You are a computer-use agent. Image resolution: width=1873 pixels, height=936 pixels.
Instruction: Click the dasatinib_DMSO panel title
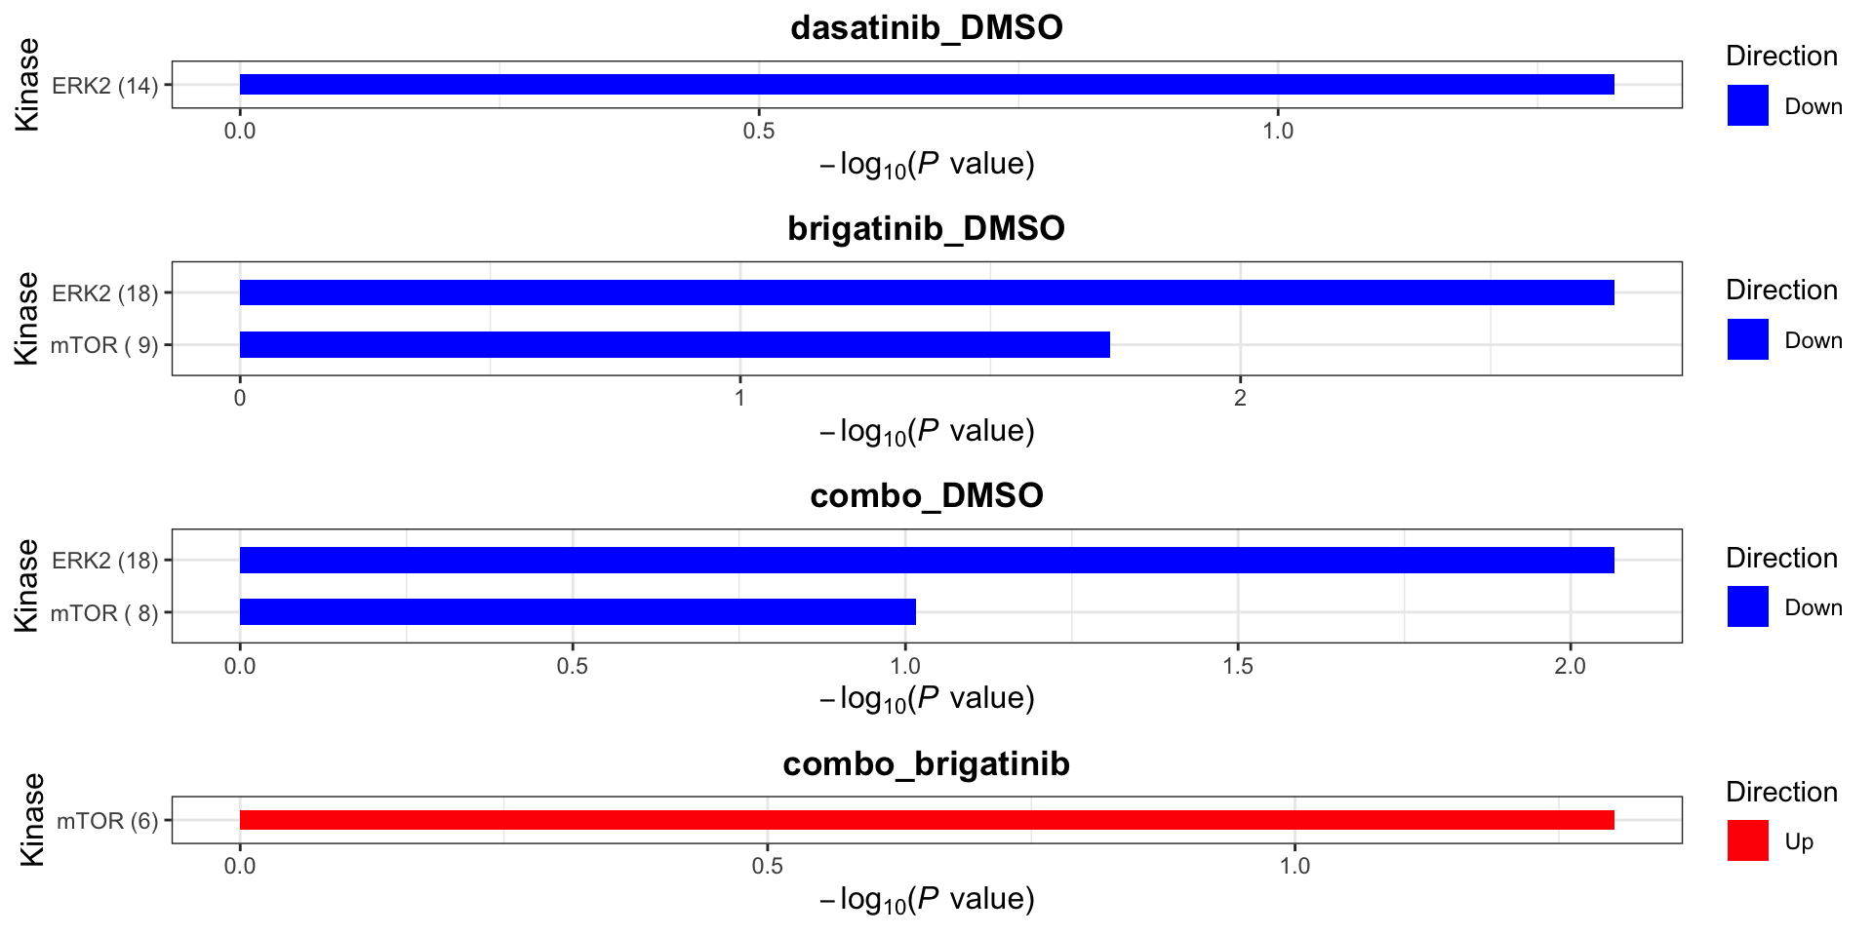pyautogui.click(x=926, y=27)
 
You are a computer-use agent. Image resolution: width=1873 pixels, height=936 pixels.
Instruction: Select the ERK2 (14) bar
pyautogui.click(x=926, y=85)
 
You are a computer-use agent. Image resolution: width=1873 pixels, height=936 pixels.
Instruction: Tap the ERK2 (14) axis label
pyautogui.click(x=104, y=86)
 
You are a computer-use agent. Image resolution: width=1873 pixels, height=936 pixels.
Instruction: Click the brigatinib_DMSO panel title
pyautogui.click(x=926, y=228)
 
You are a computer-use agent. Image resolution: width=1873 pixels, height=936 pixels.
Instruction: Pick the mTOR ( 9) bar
pyautogui.click(x=674, y=344)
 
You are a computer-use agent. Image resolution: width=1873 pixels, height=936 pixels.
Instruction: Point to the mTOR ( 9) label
pyautogui.click(x=103, y=345)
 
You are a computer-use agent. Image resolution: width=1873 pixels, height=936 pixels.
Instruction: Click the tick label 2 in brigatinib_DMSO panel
pyautogui.click(x=1240, y=398)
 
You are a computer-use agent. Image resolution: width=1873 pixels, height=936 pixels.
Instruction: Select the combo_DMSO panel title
pyautogui.click(x=926, y=495)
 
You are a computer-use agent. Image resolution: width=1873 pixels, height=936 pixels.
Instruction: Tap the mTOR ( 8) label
pyautogui.click(x=103, y=613)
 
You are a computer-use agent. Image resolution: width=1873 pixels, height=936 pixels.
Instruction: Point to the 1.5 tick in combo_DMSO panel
pyautogui.click(x=1238, y=666)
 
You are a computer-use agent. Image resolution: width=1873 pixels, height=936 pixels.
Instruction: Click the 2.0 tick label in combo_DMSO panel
pyautogui.click(x=1570, y=666)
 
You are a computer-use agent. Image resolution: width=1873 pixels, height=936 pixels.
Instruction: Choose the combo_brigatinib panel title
pyautogui.click(x=926, y=763)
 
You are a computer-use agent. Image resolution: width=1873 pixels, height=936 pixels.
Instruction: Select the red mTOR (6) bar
pyautogui.click(x=926, y=820)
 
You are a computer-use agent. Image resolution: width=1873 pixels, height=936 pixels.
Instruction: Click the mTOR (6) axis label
pyautogui.click(x=107, y=821)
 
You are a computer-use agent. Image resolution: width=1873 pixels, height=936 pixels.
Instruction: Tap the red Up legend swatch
pyautogui.click(x=1747, y=840)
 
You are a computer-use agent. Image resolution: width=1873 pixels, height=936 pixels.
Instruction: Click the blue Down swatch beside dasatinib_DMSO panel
pyautogui.click(x=1747, y=105)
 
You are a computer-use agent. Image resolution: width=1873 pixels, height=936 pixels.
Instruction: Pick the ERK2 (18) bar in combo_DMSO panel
pyautogui.click(x=926, y=560)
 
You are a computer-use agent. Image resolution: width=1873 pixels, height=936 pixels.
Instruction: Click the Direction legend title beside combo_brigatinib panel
pyautogui.click(x=1781, y=792)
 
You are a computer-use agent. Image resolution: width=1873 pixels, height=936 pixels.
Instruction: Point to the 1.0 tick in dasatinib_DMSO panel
pyautogui.click(x=1278, y=131)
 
